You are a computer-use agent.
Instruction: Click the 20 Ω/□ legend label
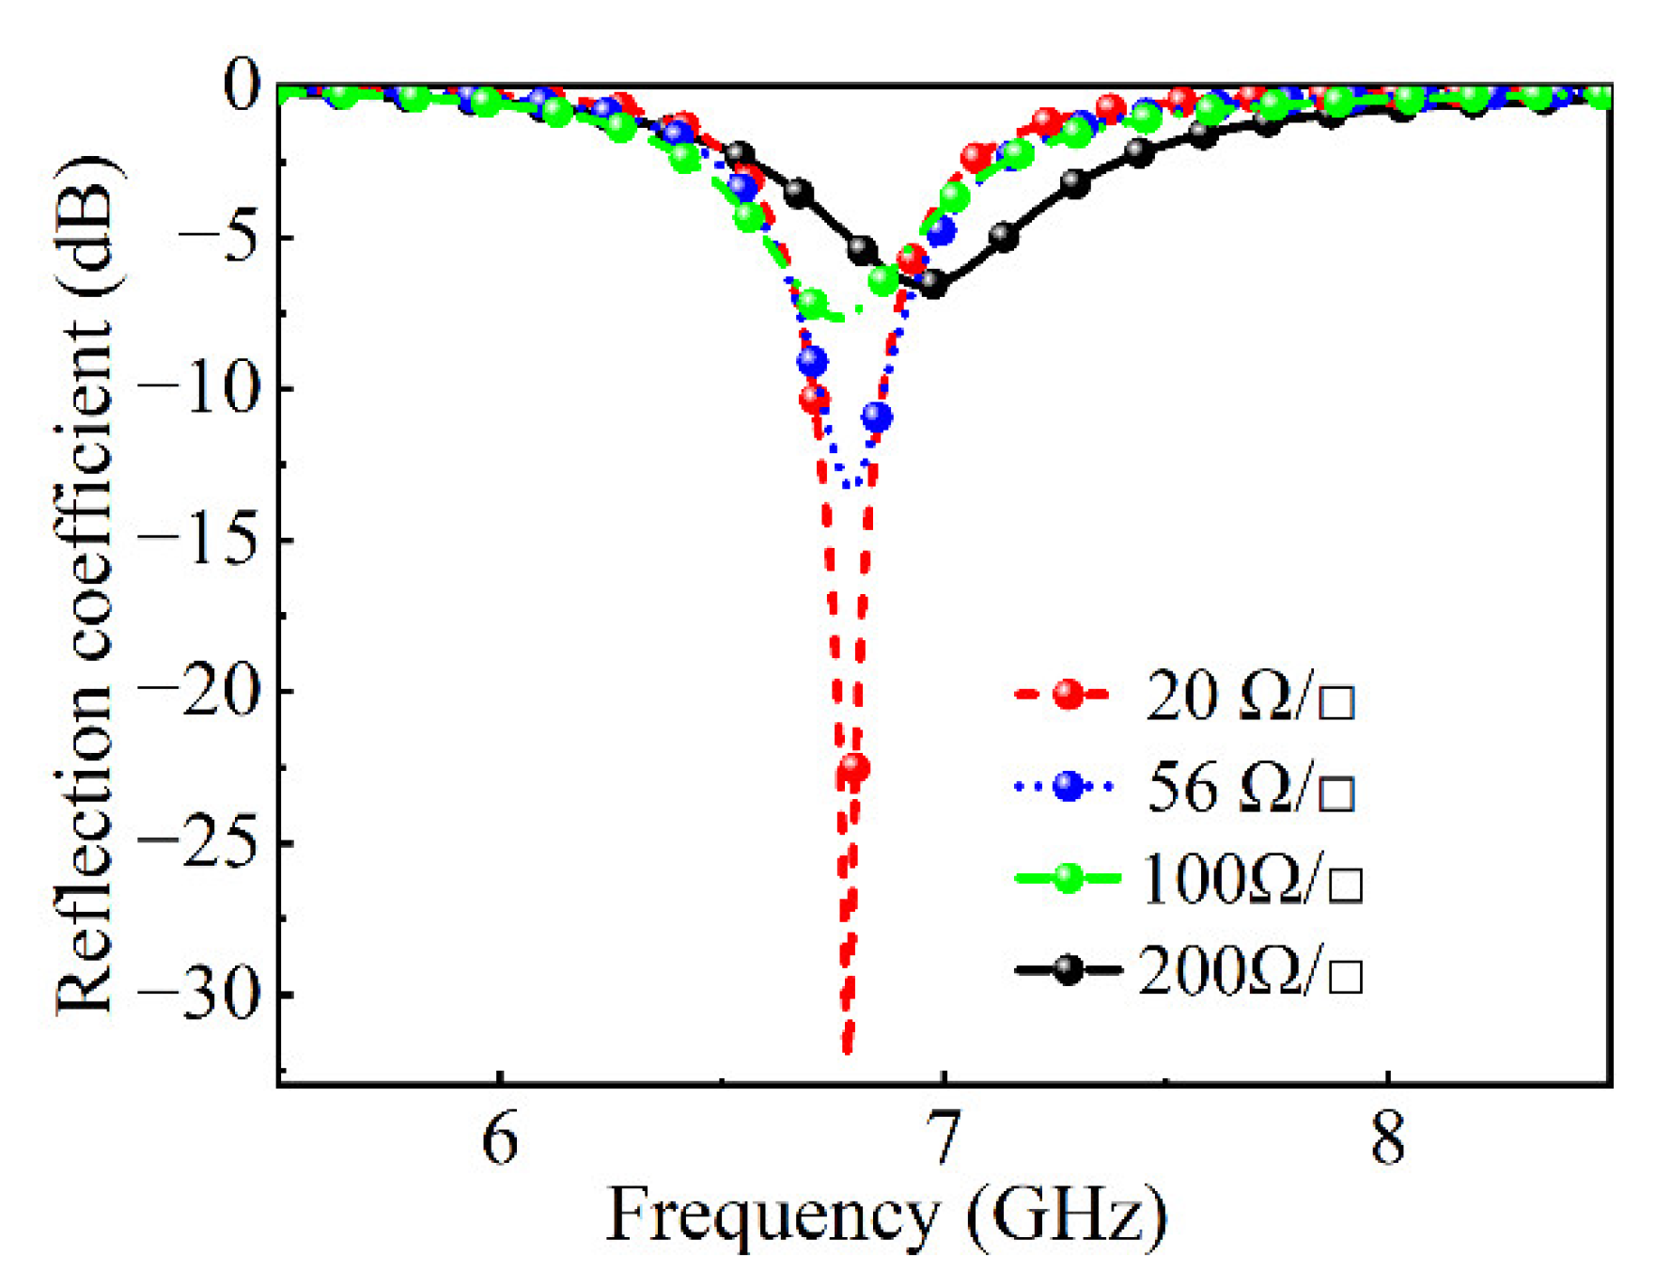[x=1250, y=697]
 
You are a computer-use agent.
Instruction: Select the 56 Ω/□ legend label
[x=1250, y=787]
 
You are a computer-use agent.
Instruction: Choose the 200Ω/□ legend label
[x=1250, y=970]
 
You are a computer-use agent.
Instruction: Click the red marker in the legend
[x=1068, y=695]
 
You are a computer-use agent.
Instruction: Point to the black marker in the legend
[x=1068, y=969]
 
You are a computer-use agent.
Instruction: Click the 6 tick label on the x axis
[x=500, y=1139]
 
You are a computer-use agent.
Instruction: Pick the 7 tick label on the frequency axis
[x=944, y=1139]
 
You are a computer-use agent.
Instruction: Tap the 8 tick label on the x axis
[x=1387, y=1139]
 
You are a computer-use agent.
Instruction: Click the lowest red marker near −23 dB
[x=853, y=768]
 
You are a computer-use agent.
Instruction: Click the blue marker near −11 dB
[x=877, y=416]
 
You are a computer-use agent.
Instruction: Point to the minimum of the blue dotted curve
[x=848, y=484]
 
